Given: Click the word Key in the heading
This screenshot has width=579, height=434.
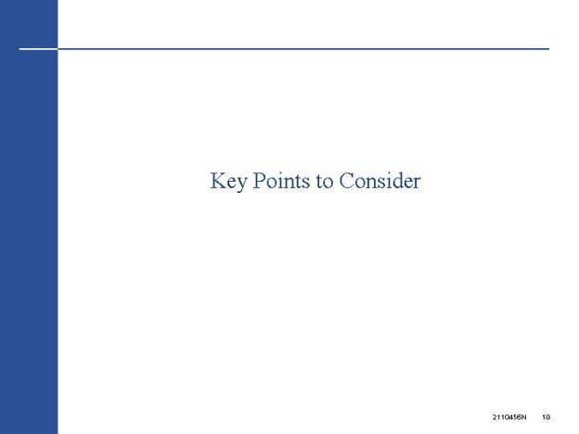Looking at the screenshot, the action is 228,182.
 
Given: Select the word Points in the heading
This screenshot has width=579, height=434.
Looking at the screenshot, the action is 281,181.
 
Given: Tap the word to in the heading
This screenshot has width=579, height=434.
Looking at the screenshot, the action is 325,182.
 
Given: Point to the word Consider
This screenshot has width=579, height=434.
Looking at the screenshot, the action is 380,181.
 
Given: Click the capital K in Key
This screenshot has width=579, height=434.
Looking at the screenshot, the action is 218,181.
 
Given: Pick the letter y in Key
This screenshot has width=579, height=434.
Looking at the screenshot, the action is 241,185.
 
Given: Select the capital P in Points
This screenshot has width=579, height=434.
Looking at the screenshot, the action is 259,181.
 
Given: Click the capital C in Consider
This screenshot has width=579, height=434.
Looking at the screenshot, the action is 347,181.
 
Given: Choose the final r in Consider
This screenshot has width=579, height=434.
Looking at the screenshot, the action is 417,184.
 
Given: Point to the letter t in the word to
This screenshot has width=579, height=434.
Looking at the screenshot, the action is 319,183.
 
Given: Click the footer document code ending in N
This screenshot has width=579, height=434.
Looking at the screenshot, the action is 509,417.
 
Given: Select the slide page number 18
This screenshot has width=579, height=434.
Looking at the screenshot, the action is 547,417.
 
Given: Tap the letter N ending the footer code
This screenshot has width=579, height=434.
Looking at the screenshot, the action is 524,417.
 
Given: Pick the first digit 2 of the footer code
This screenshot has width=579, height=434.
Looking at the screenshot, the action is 494,417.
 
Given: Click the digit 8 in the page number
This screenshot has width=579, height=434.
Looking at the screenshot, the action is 548,417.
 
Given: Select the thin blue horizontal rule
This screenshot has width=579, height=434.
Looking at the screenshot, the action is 303,49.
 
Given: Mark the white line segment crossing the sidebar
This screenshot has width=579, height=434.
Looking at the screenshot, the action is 38,49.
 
